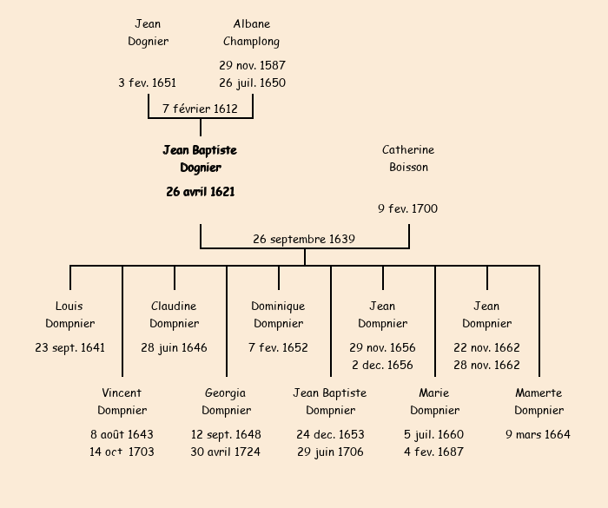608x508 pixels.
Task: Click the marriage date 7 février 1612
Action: (x=200, y=109)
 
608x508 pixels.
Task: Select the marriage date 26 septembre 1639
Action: (x=304, y=239)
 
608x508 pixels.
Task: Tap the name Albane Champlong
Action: (x=252, y=33)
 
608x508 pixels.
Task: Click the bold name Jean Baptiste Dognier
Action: (x=200, y=159)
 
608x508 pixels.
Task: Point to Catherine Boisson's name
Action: (x=408, y=159)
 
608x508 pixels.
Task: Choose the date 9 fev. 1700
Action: (x=407, y=208)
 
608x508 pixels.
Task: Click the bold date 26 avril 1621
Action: (x=200, y=191)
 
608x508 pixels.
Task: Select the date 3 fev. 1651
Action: (x=148, y=83)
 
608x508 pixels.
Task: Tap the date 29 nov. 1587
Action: (x=252, y=65)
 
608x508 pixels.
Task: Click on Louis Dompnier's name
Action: (x=69, y=315)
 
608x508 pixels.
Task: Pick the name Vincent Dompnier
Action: (x=122, y=402)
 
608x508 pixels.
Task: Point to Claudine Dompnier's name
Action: (x=174, y=315)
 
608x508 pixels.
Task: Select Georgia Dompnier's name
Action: (x=226, y=402)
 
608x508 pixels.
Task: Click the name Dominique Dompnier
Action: (x=278, y=315)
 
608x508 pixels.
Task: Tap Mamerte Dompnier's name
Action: (x=539, y=402)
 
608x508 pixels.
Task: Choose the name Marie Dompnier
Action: (x=434, y=402)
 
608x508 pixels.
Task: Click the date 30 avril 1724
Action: (x=226, y=452)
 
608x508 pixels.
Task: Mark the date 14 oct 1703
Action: (x=122, y=452)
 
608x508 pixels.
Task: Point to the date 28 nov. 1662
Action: (x=486, y=365)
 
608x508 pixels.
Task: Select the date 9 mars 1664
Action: (x=539, y=434)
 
